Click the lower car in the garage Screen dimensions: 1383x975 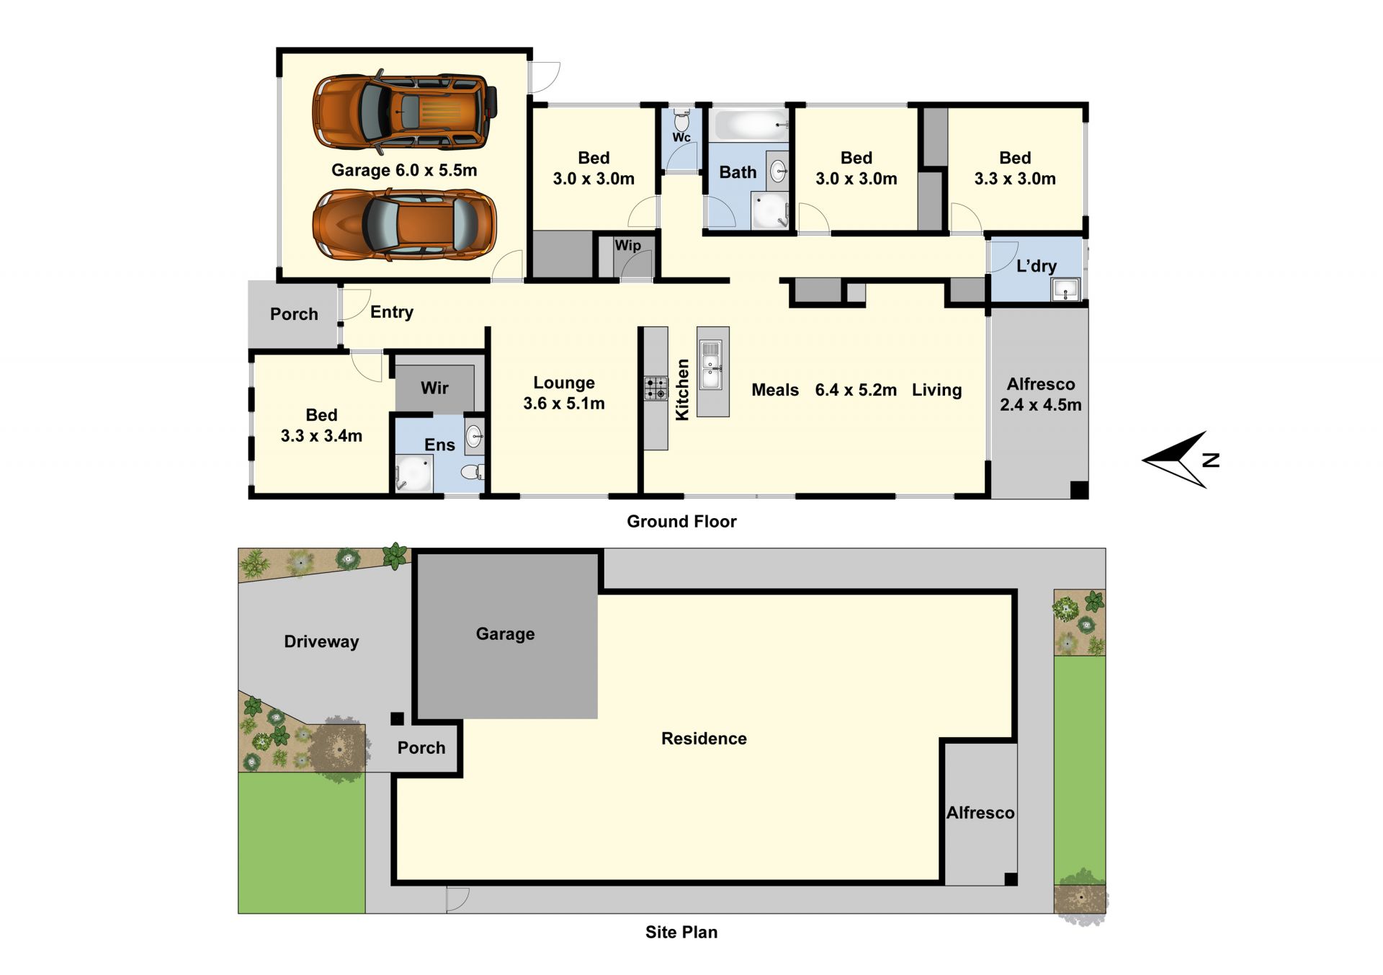(404, 225)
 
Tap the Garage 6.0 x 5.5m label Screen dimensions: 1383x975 (404, 171)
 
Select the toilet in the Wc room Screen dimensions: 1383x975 (681, 119)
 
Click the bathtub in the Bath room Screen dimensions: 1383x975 (750, 125)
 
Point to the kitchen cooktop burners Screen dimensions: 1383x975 (655, 388)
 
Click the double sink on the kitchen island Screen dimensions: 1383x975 (711, 364)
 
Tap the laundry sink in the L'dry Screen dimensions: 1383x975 (1065, 289)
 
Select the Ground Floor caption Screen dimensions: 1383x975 (681, 522)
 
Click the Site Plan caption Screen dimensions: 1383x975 (681, 932)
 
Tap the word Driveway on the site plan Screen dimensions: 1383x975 (321, 642)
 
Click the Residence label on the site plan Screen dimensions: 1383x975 (704, 739)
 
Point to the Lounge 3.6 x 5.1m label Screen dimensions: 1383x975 (564, 393)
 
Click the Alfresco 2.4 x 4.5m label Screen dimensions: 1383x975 (1041, 394)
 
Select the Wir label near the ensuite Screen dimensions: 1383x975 (434, 388)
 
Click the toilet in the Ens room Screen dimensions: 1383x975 (473, 472)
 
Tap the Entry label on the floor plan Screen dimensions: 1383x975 (392, 313)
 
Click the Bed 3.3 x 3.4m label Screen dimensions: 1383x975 (321, 425)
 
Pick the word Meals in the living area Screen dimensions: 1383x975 (775, 390)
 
